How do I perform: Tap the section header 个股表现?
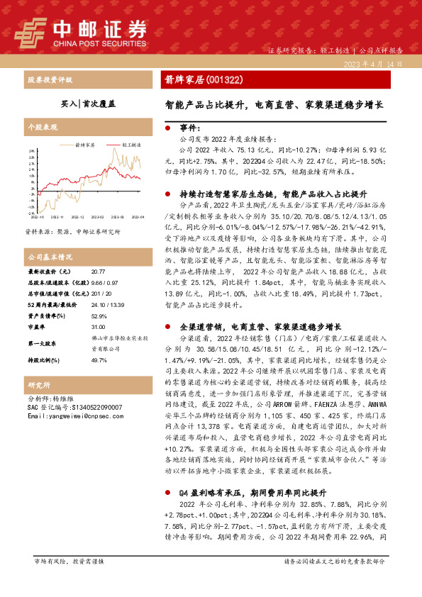point(40,129)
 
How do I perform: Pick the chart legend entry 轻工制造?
point(129,144)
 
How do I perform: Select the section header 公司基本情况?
point(50,256)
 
